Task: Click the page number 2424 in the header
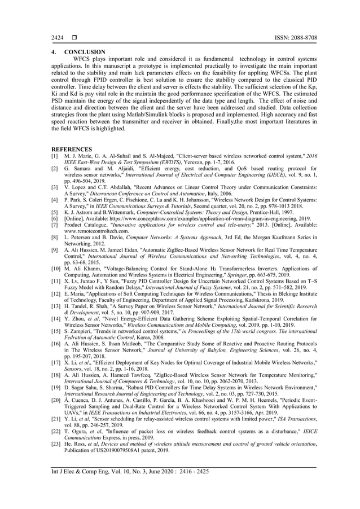coord(57,37)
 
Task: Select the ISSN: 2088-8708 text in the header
coord(292,37)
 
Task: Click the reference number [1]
coord(55,156)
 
